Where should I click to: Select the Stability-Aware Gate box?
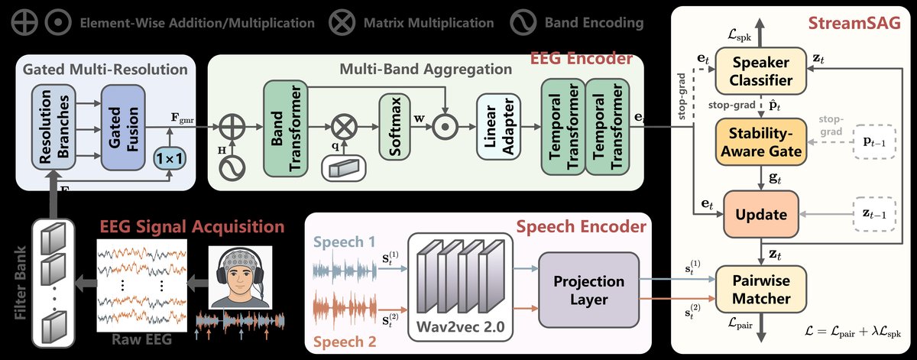[760, 141]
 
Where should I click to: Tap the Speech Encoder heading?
[581, 226]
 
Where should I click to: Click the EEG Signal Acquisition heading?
[192, 226]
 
